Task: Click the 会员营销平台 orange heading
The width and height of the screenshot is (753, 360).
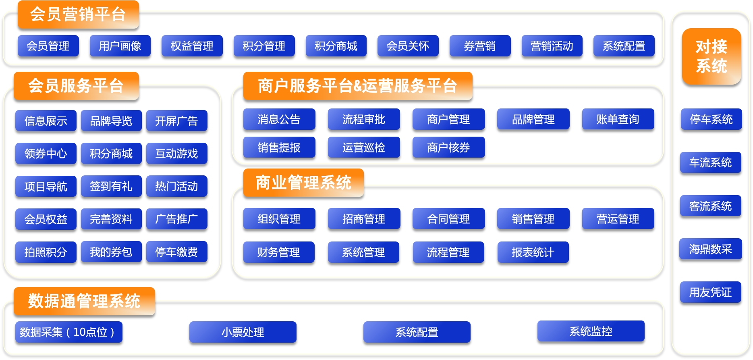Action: point(78,15)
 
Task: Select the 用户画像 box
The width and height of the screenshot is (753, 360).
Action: point(120,46)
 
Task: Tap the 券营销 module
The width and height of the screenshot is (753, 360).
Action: point(480,46)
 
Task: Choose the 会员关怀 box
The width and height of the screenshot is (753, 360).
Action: point(408,46)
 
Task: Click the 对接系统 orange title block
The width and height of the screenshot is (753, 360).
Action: point(712,56)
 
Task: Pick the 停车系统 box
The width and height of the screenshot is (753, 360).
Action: point(711,119)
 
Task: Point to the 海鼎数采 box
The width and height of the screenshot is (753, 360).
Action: point(710,249)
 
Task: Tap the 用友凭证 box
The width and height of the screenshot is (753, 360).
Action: point(710,292)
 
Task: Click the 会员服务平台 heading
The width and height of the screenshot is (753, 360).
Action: point(76,86)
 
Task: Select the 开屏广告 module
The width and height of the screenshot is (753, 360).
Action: point(176,121)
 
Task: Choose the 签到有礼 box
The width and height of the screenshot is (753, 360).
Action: point(111,186)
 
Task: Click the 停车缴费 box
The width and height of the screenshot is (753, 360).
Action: point(176,252)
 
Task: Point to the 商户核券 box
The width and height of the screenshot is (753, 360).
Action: point(448,148)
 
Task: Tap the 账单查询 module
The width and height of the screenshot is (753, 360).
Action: point(618,119)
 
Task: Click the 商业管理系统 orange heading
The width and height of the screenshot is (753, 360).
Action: point(303,183)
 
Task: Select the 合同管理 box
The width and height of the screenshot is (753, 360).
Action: point(448,219)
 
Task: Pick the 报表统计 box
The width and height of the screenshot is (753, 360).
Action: point(533,252)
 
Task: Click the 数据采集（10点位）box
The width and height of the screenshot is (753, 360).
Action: point(68,332)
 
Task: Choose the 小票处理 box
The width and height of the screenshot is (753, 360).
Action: point(243,332)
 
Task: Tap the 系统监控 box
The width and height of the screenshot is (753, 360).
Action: point(591,331)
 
